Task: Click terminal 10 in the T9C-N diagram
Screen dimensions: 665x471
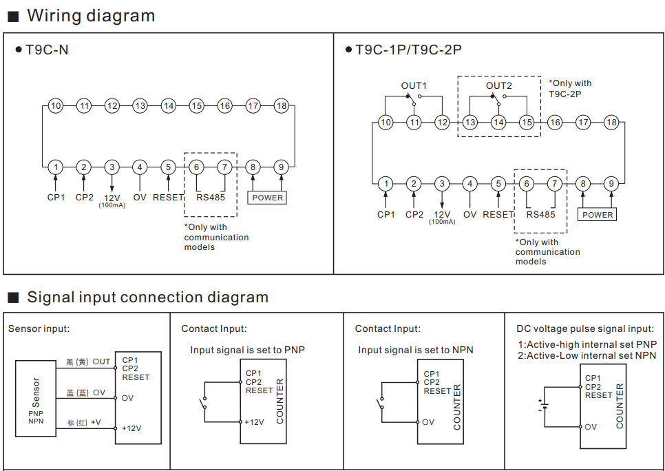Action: point(56,105)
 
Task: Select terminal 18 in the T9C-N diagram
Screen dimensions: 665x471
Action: point(281,105)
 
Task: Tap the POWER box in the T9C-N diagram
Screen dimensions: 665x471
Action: point(267,198)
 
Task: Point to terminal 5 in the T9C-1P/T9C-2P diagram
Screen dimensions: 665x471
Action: point(498,184)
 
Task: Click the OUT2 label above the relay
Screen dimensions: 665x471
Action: point(498,85)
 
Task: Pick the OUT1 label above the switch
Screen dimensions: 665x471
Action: point(414,85)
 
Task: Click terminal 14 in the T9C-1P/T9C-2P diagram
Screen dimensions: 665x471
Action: point(498,123)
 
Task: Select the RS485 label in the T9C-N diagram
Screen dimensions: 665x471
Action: point(211,198)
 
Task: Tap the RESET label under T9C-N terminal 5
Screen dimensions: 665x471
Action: point(168,198)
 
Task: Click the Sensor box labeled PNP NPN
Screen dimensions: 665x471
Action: point(36,399)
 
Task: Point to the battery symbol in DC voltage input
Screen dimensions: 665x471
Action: point(544,406)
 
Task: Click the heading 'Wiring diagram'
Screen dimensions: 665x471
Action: point(91,16)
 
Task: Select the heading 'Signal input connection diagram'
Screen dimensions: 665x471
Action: point(147,297)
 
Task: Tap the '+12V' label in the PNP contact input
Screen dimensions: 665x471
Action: point(255,422)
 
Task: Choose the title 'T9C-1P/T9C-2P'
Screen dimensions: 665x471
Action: point(408,50)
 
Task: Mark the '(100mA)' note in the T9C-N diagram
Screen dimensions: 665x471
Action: point(112,205)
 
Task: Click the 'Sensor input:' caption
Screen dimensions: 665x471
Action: point(39,328)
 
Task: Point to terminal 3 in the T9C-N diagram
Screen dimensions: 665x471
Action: point(112,167)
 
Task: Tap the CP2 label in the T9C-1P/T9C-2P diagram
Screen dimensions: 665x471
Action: point(414,215)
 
